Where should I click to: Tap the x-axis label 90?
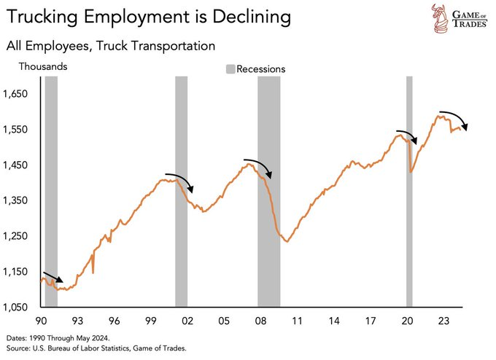[40, 321]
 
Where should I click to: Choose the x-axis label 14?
[333, 321]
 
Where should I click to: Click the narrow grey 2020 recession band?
[409, 189]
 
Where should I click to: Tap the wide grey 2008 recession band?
[269, 189]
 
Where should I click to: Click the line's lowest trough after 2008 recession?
[287, 241]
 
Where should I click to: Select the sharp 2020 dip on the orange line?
[411, 172]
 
